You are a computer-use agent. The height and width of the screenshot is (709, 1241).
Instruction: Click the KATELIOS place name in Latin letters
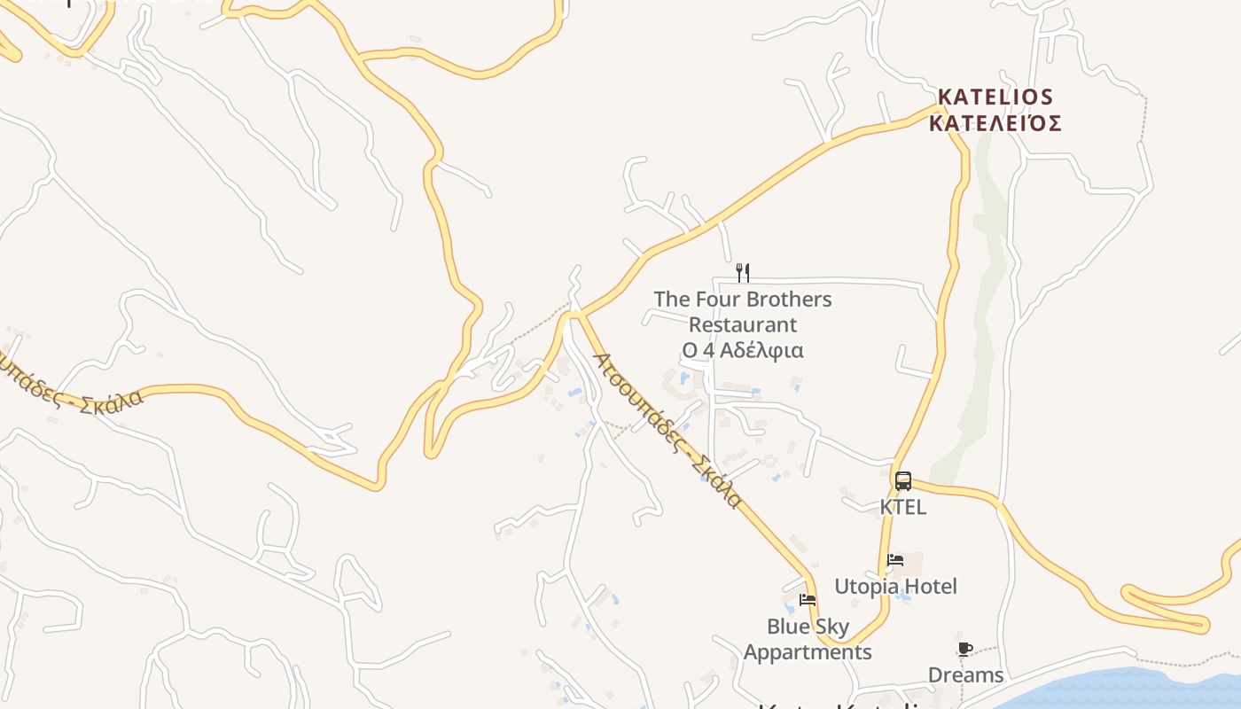tap(995, 97)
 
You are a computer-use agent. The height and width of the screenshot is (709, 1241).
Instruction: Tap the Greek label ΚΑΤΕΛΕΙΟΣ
tap(995, 123)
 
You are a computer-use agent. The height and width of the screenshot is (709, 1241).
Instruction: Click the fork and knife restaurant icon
tap(743, 272)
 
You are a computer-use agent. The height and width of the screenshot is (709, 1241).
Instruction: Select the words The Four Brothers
tap(743, 300)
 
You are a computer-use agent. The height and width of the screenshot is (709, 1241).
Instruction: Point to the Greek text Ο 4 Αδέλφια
tap(743, 350)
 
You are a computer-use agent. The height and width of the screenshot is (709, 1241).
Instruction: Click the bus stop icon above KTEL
tap(903, 481)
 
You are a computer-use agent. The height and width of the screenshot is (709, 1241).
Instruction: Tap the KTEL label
tap(903, 507)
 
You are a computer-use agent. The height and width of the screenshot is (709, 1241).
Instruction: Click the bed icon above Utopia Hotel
tap(895, 560)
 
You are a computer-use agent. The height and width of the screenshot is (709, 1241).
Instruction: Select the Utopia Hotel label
tap(895, 587)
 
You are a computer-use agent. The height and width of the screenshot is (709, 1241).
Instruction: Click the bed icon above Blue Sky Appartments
tap(808, 600)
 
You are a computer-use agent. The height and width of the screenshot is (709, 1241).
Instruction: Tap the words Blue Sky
tap(808, 627)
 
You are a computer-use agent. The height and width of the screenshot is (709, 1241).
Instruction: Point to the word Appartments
tap(808, 652)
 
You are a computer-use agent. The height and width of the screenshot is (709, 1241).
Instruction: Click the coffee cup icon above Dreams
tap(965, 650)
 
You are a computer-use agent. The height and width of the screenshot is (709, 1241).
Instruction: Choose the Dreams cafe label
tap(965, 675)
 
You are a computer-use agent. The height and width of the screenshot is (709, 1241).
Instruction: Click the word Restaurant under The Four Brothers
tap(743, 325)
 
